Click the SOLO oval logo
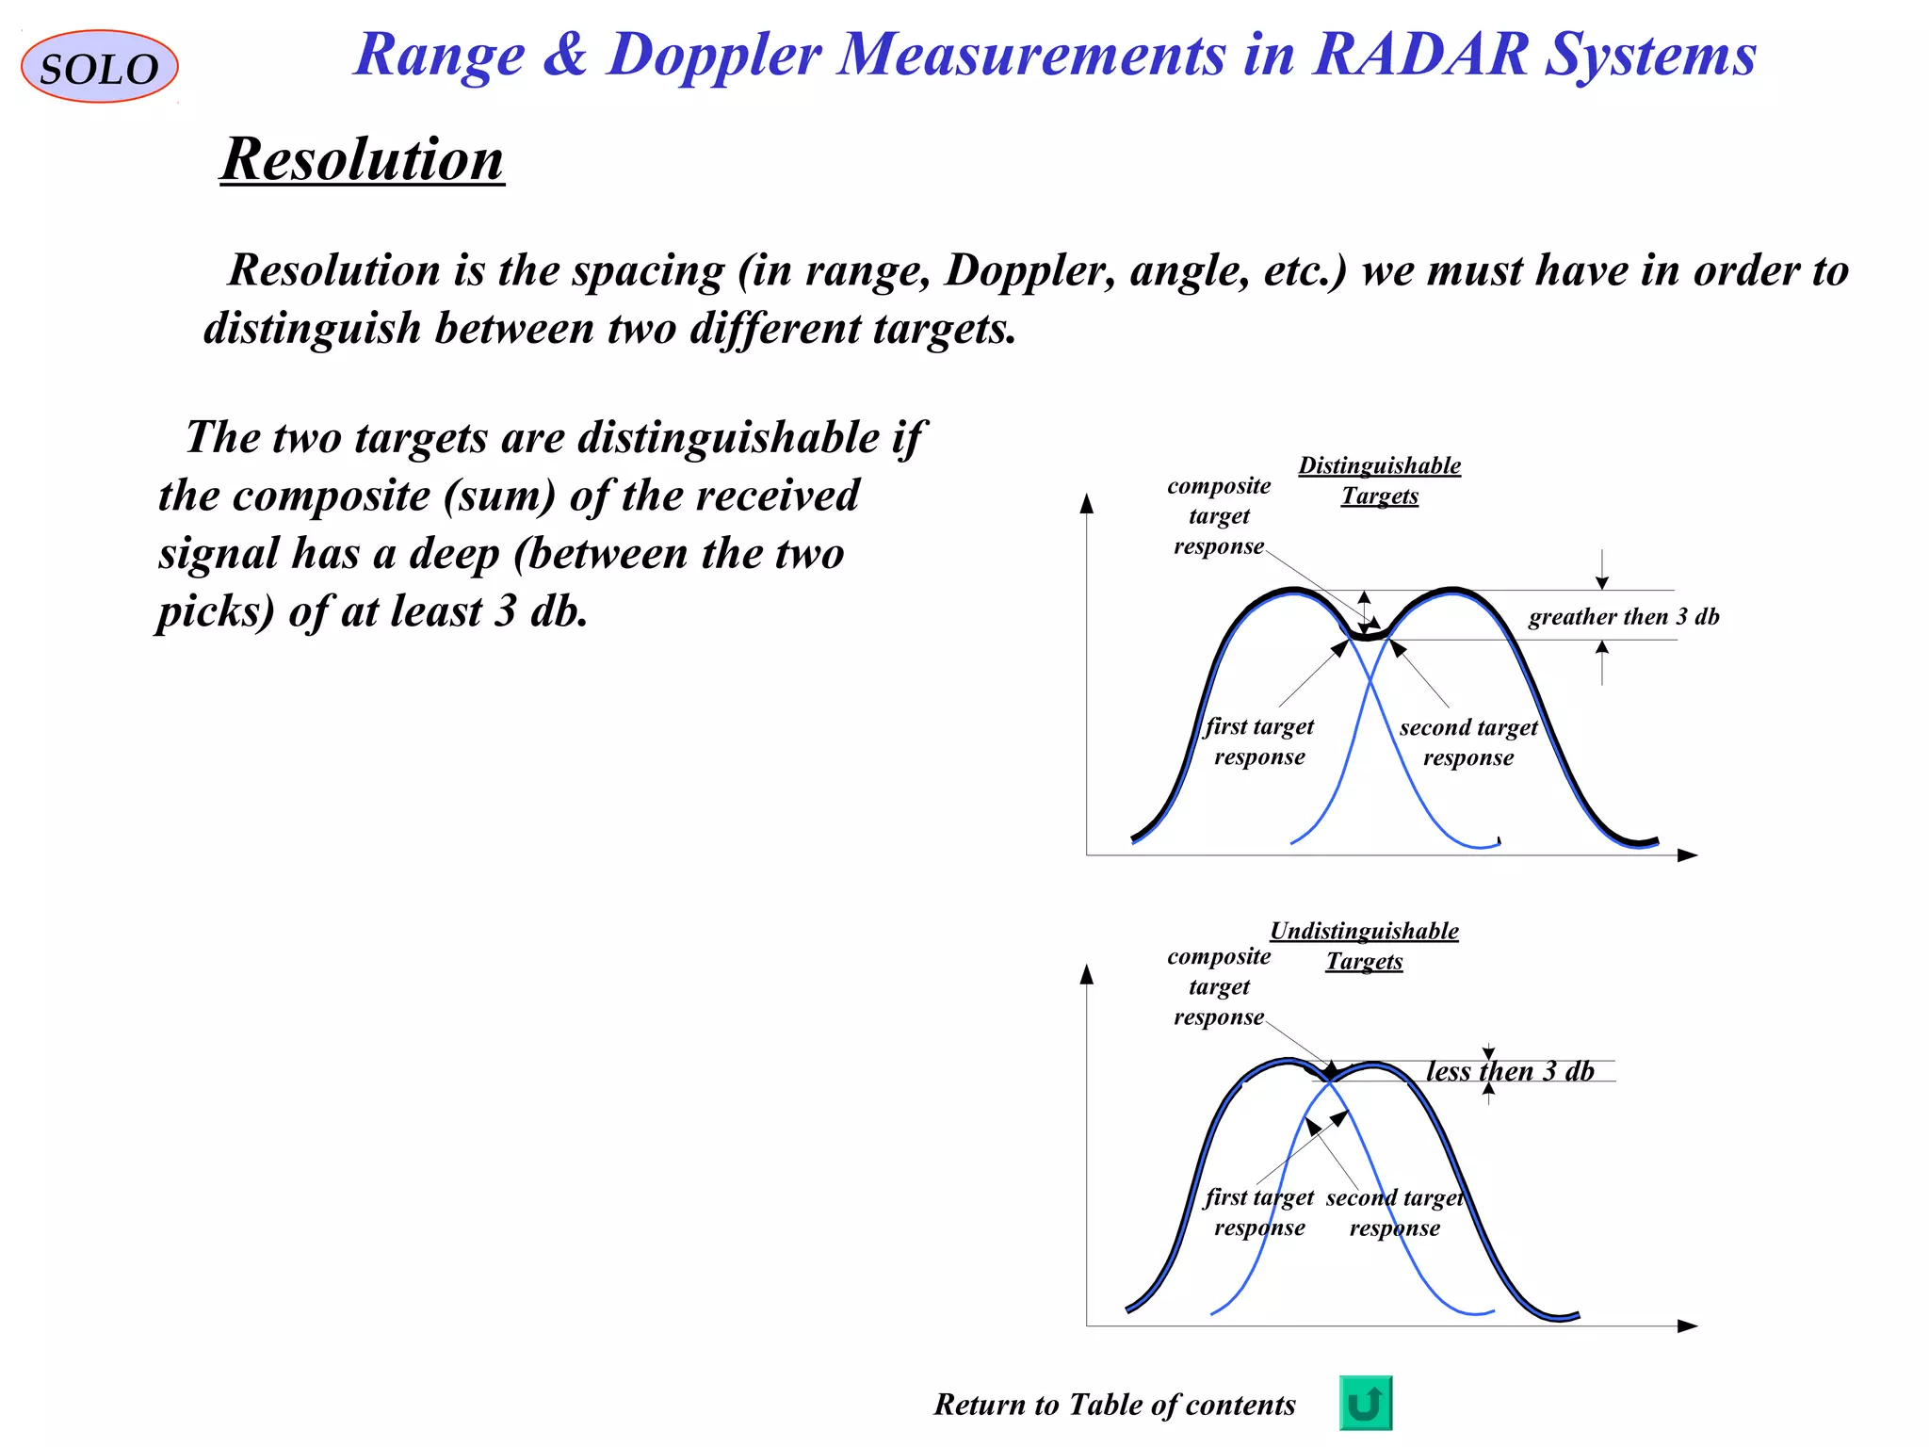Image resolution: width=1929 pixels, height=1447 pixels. pos(99,67)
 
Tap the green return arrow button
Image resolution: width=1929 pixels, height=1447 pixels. pos(1365,1403)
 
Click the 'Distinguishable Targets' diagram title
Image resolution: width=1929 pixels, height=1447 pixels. pos(1380,480)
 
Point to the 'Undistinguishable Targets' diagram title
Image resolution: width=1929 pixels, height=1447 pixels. pos(1364,946)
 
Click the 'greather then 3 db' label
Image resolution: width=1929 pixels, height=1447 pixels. pos(1623,617)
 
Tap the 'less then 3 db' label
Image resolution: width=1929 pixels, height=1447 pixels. pos(1509,1071)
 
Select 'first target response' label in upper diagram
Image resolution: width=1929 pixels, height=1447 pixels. pos(1259,741)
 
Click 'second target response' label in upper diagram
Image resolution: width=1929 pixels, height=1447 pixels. pos(1467,742)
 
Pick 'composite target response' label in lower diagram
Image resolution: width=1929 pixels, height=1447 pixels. pos(1219,986)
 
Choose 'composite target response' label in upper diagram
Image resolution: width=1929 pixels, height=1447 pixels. pos(1219,515)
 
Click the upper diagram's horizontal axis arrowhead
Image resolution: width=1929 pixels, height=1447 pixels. pos(1687,855)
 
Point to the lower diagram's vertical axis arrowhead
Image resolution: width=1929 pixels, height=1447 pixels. pos(1087,974)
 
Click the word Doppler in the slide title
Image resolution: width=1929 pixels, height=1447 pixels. pos(714,56)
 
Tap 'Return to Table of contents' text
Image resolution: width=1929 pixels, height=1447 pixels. pos(1114,1405)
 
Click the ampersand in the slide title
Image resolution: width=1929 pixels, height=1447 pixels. pos(565,54)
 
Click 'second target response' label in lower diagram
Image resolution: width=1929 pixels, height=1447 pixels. pos(1395,1212)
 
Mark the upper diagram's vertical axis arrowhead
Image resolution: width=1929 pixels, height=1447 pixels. pos(1087,503)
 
